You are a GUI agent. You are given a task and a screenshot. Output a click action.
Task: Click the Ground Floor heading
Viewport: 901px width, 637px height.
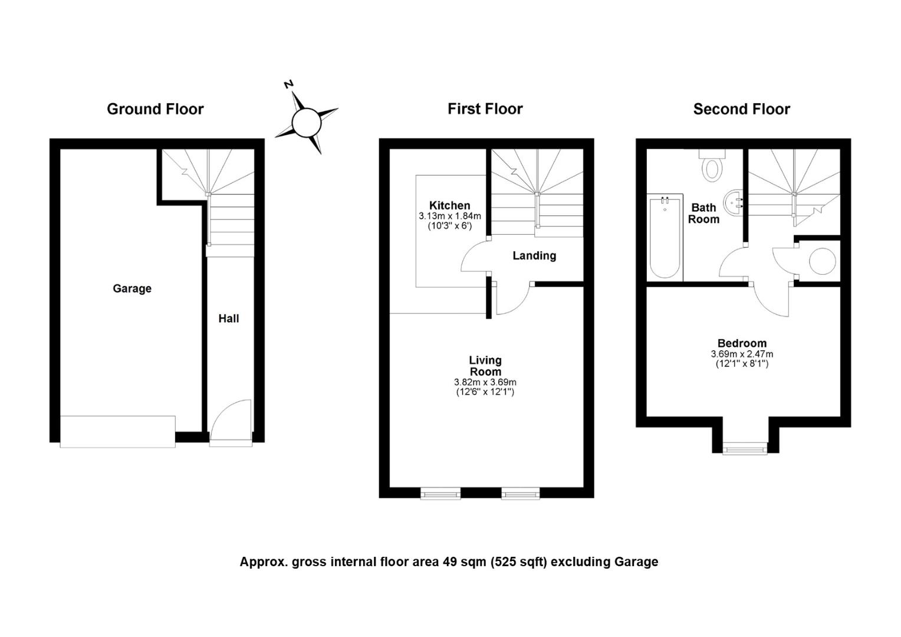pos(155,109)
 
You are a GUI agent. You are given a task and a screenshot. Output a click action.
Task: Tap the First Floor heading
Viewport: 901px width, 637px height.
pos(485,109)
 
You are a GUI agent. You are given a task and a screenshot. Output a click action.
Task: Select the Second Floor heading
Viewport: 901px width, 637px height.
pos(742,109)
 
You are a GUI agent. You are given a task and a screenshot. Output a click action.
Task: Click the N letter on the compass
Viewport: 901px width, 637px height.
pos(288,84)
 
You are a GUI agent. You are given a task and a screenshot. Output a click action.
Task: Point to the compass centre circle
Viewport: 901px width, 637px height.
pos(307,123)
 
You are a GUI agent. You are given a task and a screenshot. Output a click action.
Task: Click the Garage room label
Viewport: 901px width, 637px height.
pos(132,288)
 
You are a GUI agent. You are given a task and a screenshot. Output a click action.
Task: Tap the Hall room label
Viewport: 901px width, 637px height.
pos(228,318)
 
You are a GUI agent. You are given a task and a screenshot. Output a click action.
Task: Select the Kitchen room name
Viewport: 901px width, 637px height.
pos(450,206)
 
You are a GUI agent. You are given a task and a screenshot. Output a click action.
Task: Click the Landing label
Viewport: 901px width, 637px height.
pos(534,256)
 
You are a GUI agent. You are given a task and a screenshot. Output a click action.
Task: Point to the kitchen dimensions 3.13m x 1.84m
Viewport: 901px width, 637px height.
pos(450,216)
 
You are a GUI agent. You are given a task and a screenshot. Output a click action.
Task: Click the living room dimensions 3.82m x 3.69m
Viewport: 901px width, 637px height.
pos(485,382)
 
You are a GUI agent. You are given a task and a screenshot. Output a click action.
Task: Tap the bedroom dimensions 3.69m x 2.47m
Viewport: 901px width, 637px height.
pos(742,354)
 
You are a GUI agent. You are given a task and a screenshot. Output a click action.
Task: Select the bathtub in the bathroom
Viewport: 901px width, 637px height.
pos(665,238)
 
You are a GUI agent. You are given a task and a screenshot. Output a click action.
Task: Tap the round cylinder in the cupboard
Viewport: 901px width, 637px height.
pos(823,261)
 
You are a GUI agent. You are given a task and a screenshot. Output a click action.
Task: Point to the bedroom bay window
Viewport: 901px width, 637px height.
pos(745,448)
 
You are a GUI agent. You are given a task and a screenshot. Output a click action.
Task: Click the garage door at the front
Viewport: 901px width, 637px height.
pos(117,432)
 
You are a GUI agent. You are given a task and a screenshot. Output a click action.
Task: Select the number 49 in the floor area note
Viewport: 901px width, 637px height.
pos(450,562)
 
